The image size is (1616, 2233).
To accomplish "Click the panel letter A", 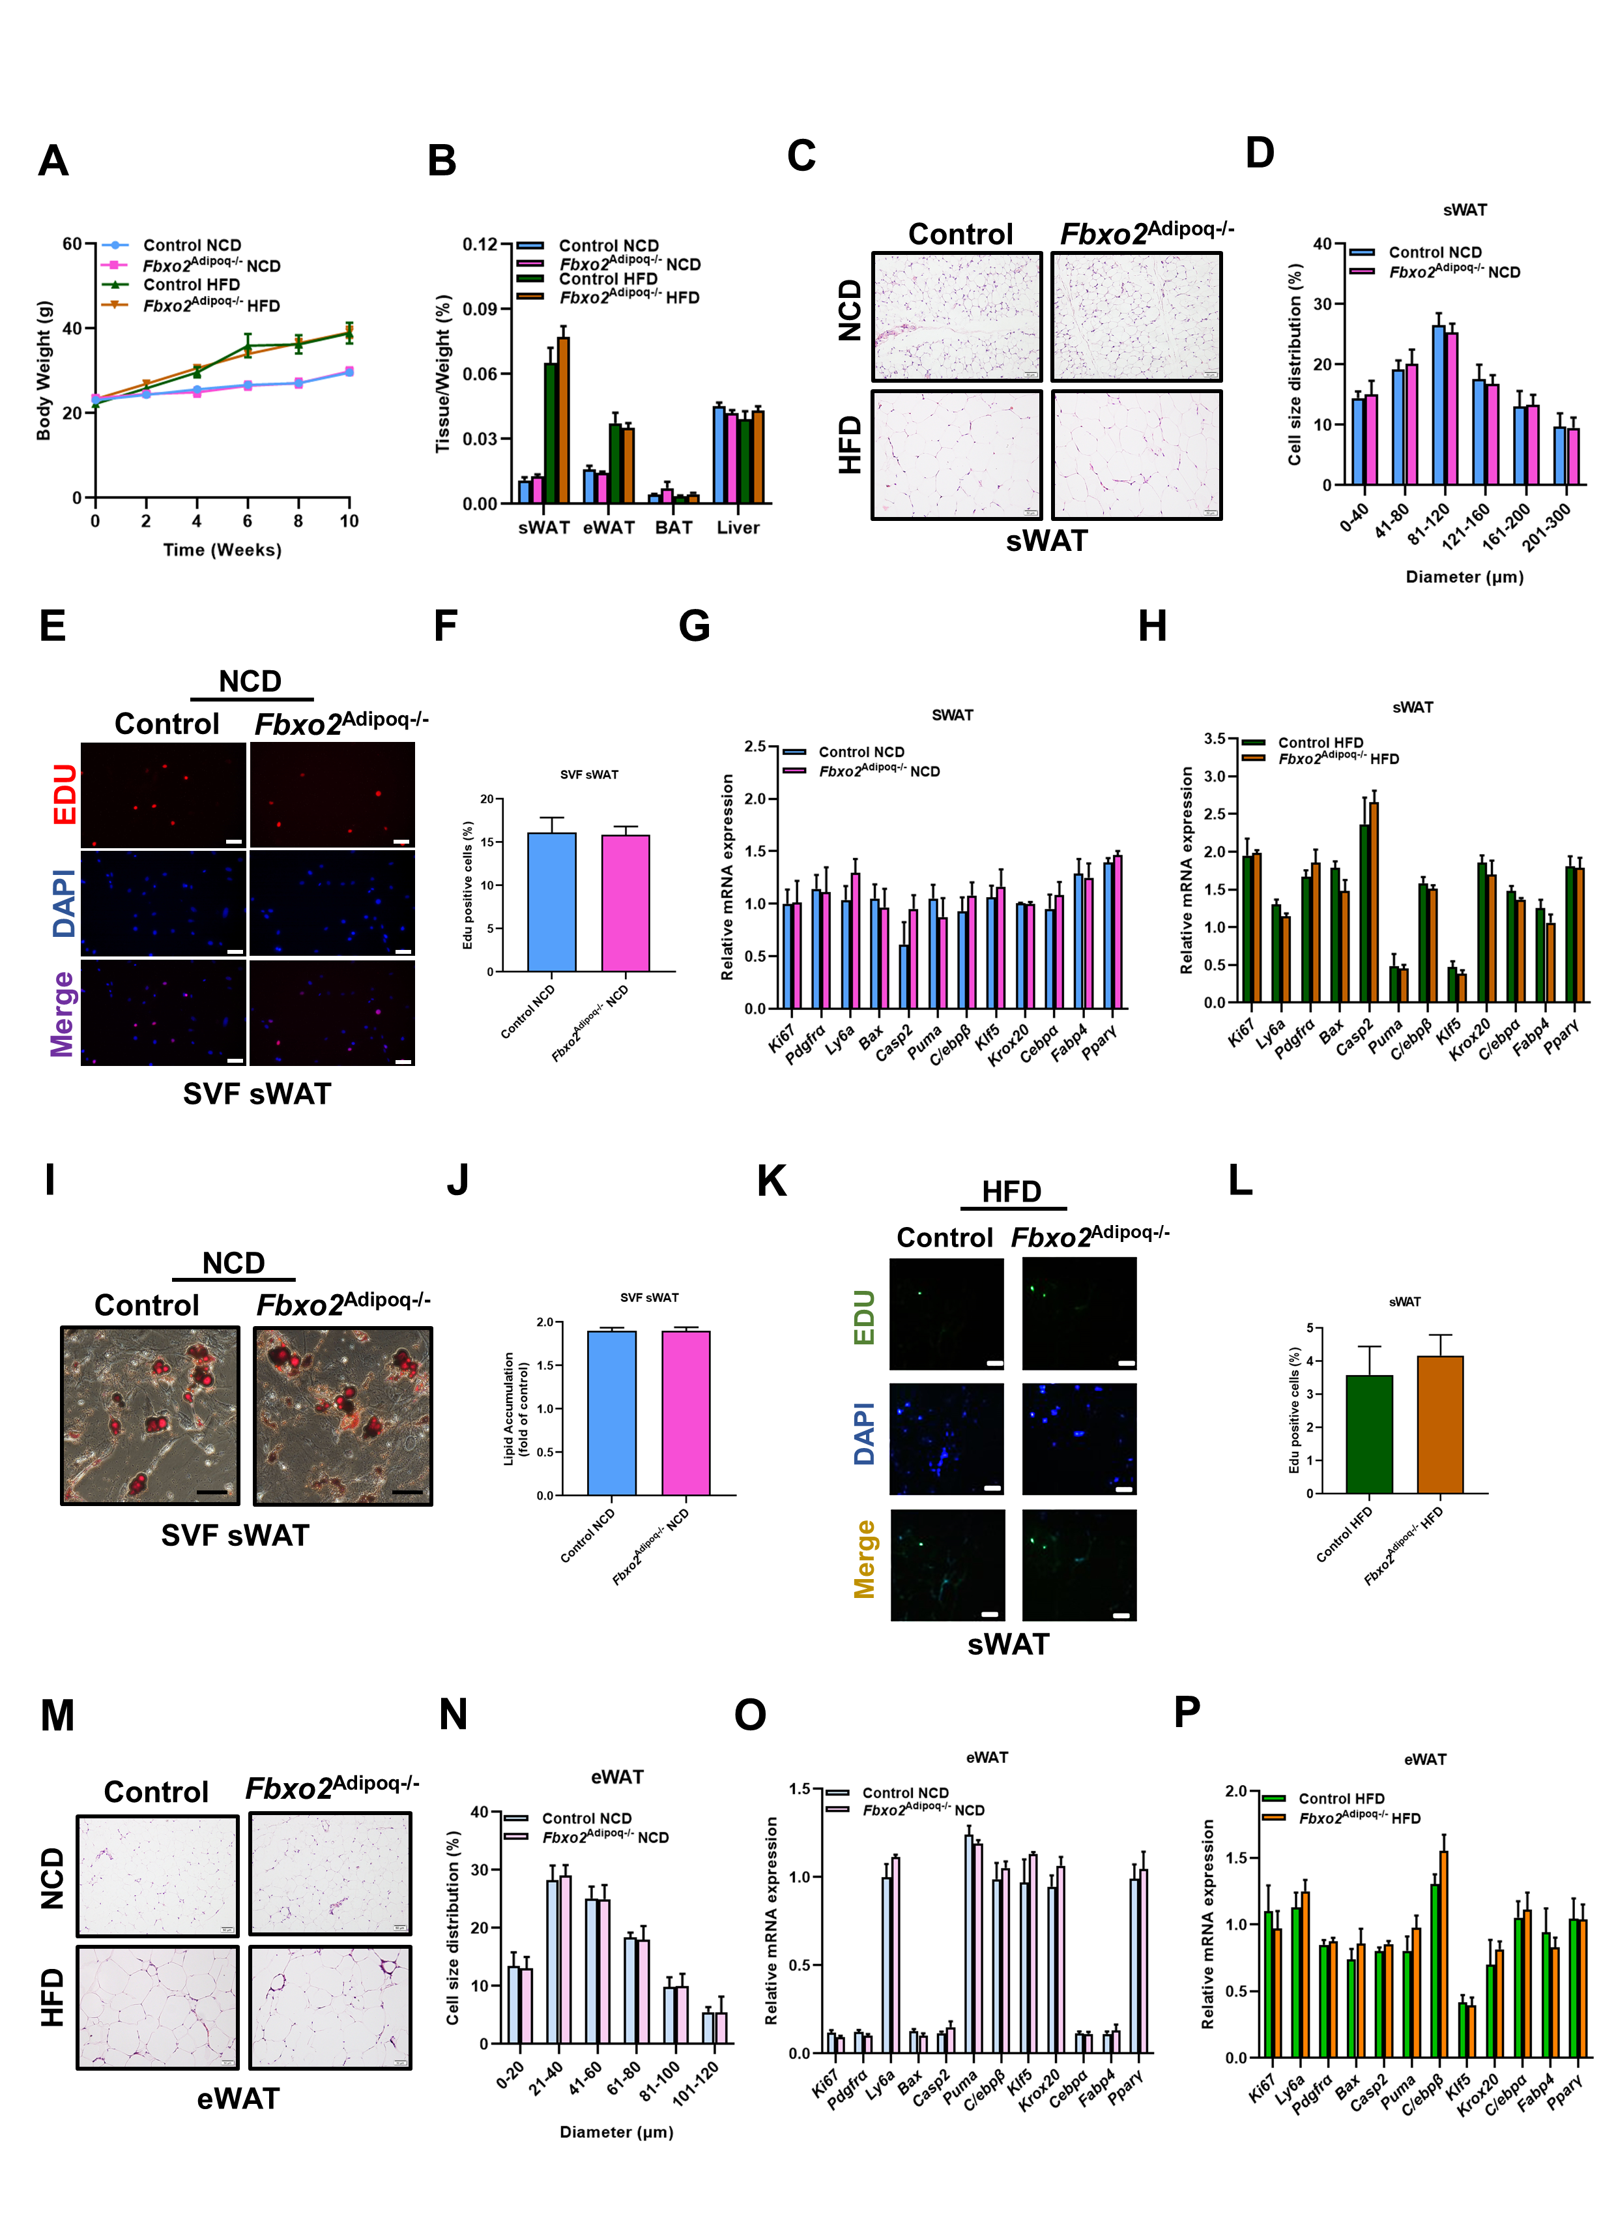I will coord(53,160).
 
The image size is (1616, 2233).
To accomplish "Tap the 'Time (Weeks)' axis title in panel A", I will coord(222,550).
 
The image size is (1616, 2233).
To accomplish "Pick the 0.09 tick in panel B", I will coord(480,309).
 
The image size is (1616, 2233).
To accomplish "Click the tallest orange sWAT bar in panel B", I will coord(563,419).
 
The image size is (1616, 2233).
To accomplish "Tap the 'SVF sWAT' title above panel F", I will coord(588,775).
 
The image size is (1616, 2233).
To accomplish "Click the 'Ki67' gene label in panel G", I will coord(781,1039).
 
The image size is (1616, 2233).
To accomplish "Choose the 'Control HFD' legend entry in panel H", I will coord(1320,743).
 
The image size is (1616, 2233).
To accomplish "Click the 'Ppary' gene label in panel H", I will coord(1563,1036).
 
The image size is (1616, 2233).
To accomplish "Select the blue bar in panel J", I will coord(611,1412).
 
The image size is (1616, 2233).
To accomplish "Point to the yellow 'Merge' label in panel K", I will coord(864,1559).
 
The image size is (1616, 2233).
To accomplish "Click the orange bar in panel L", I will coord(1440,1424).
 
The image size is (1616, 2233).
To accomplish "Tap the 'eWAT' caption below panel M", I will coord(238,2098).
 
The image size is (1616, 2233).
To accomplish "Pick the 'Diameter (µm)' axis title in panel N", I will coord(616,2131).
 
